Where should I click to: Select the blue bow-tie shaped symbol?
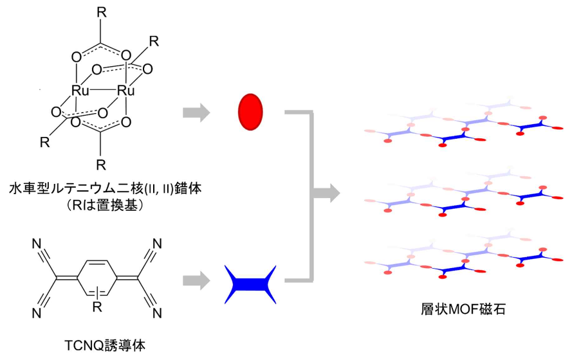[x=251, y=283]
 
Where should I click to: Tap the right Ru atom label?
[x=125, y=92]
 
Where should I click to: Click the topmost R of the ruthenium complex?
[x=101, y=11]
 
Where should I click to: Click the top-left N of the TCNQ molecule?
[x=37, y=244]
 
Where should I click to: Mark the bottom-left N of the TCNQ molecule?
[x=37, y=316]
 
